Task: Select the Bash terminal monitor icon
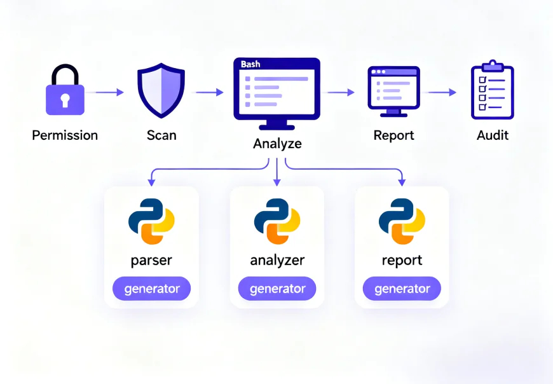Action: [x=276, y=92]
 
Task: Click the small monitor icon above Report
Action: [x=393, y=90]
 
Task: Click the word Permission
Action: [x=65, y=135]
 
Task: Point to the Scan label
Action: [x=161, y=135]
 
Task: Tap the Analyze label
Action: [x=277, y=144]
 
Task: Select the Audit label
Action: [x=493, y=135]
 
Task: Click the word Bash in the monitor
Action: [x=250, y=65]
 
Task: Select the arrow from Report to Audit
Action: [x=442, y=92]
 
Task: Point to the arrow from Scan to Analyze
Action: [x=210, y=92]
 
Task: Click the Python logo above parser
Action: [x=151, y=222]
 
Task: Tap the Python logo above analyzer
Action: [x=277, y=222]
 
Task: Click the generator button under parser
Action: [x=151, y=289]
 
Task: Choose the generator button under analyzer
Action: [x=277, y=289]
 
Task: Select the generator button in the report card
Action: [x=402, y=289]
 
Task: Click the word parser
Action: [x=151, y=260]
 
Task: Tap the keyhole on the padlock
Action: [x=65, y=100]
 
